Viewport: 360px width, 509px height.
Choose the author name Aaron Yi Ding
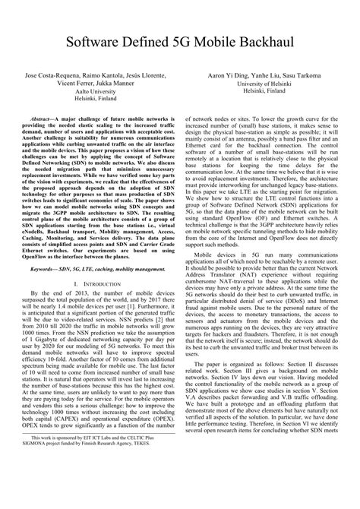coord(227,77)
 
